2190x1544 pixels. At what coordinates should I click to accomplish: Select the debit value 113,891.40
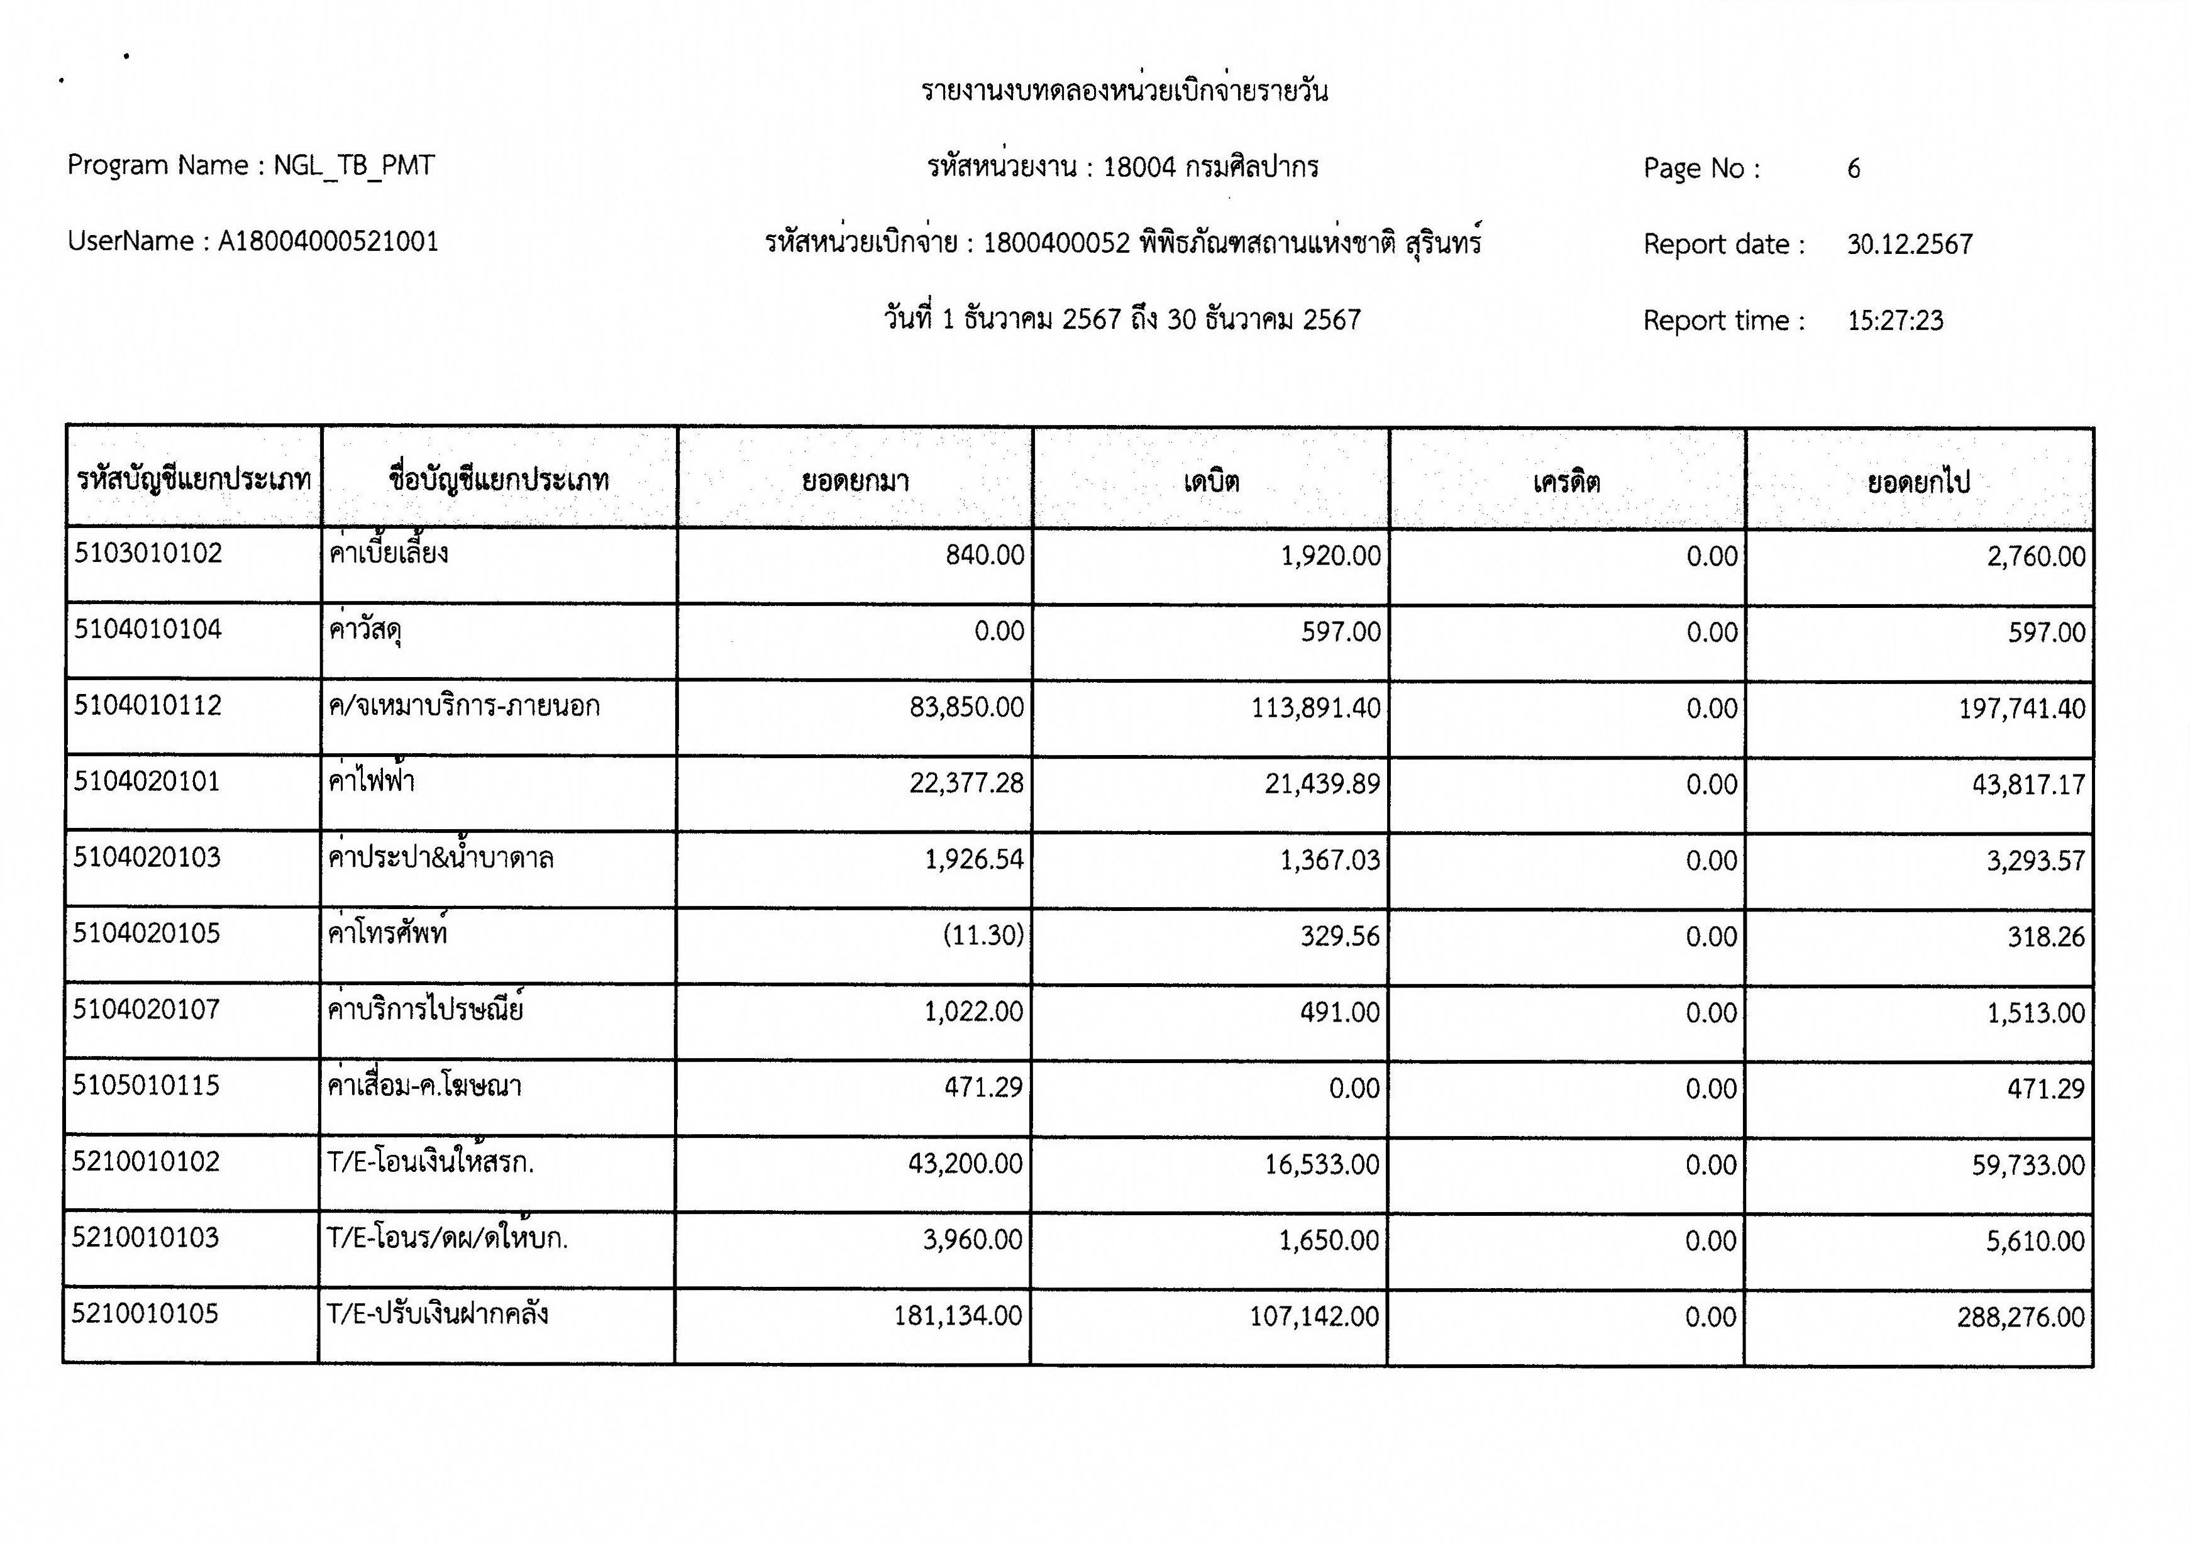pyautogui.click(x=1315, y=708)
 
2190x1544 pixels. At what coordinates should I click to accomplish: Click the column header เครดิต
pyautogui.click(x=1566, y=482)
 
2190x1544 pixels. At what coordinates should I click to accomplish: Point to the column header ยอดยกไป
pyautogui.click(x=1918, y=482)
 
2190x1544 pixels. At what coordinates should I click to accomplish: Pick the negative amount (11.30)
pyautogui.click(x=983, y=935)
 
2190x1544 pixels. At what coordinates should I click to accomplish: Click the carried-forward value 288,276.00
pyautogui.click(x=2020, y=1317)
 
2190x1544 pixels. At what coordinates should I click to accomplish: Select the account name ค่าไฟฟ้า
pyautogui.click(x=371, y=781)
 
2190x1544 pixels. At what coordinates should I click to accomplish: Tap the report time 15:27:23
pyautogui.click(x=1894, y=321)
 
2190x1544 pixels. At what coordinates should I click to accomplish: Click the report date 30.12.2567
pyautogui.click(x=1908, y=244)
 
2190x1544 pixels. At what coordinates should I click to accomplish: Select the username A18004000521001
pyautogui.click(x=328, y=241)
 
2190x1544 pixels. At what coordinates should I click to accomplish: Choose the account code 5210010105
pyautogui.click(x=145, y=1313)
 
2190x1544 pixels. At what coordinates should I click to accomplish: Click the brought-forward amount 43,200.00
pyautogui.click(x=965, y=1164)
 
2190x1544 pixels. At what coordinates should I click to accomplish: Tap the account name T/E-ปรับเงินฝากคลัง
pyautogui.click(x=438, y=1313)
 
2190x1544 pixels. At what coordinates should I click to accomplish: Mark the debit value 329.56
pyautogui.click(x=1339, y=935)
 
